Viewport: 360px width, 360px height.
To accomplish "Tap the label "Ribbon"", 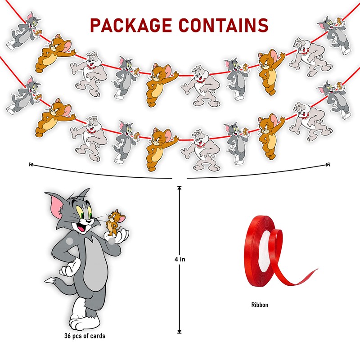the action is [260, 305].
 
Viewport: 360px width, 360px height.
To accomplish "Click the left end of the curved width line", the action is [30, 164].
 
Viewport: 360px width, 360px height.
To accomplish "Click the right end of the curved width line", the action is [329, 164].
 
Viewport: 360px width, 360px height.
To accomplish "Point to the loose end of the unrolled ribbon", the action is [315, 270].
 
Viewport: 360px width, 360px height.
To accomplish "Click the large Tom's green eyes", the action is [88, 211].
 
